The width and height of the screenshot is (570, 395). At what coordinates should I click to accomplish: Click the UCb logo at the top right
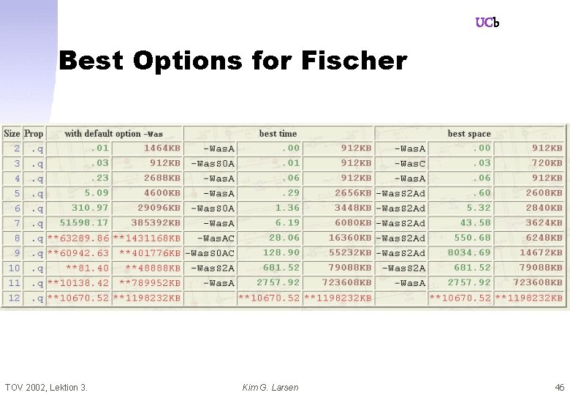(x=487, y=23)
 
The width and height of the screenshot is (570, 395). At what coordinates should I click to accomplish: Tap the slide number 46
(x=560, y=387)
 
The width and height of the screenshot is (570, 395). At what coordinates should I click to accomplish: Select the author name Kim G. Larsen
(x=270, y=387)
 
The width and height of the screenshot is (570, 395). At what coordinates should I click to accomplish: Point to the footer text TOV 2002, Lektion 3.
(x=46, y=387)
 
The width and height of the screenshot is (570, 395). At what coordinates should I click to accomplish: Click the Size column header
(x=12, y=134)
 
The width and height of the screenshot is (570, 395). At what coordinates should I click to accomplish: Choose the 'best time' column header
(x=278, y=134)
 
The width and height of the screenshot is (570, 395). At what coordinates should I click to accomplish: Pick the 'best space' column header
(x=469, y=134)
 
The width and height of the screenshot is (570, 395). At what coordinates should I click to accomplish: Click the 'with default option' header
(x=113, y=134)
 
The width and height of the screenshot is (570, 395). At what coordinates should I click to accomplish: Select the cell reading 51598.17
(x=84, y=223)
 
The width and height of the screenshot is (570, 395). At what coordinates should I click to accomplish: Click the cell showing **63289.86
(x=78, y=238)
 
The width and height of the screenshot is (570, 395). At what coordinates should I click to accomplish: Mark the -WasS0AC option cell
(x=210, y=253)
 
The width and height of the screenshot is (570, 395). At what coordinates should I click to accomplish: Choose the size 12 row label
(x=14, y=298)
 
